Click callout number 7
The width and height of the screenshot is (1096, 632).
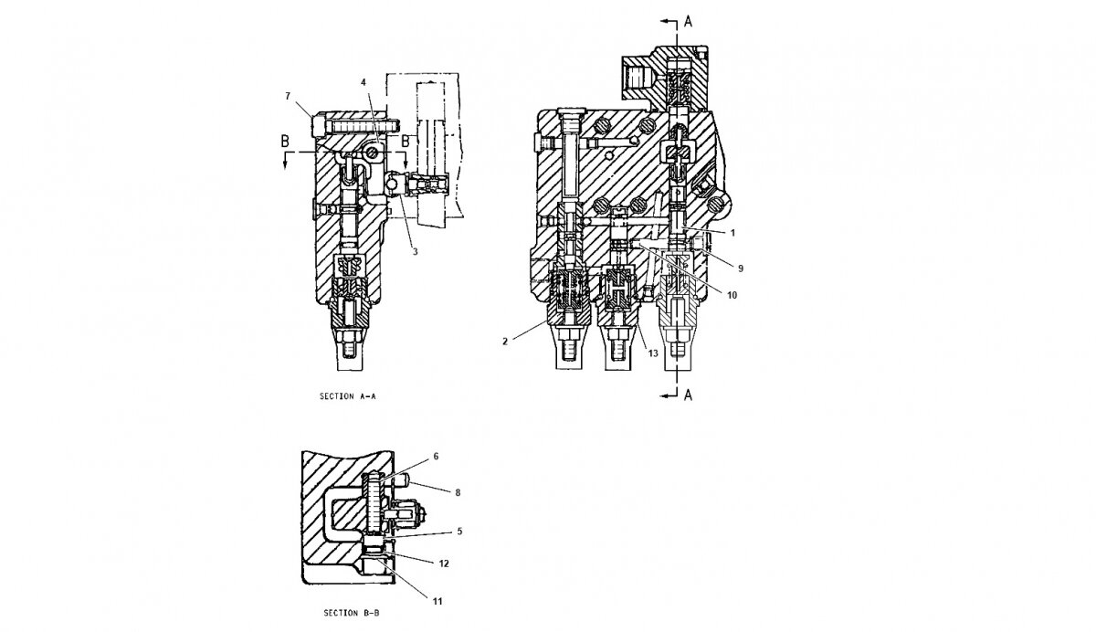(x=288, y=96)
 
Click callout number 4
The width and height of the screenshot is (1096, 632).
(x=364, y=82)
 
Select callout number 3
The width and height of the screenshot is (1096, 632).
(x=415, y=251)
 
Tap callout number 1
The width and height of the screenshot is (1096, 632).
(x=732, y=233)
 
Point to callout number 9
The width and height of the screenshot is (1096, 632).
(x=741, y=269)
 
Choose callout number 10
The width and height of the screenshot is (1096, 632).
(x=732, y=295)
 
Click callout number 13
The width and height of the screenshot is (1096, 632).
(x=653, y=353)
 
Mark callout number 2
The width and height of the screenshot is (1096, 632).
(x=505, y=342)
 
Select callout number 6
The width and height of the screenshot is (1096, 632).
(x=436, y=457)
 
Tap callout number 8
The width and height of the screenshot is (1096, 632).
(x=458, y=492)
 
